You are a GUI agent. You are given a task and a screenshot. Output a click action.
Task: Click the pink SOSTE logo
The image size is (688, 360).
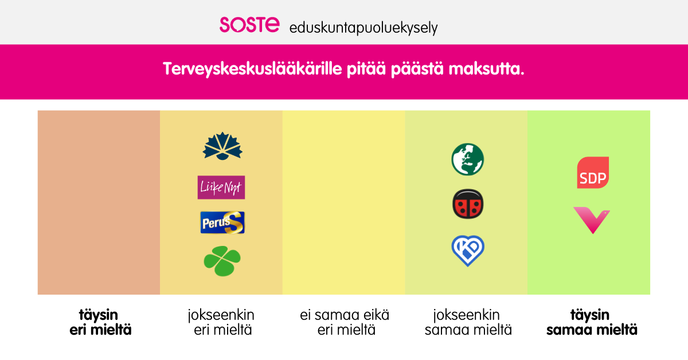pos(249,25)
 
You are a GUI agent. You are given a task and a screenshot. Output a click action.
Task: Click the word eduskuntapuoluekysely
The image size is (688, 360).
pos(363,28)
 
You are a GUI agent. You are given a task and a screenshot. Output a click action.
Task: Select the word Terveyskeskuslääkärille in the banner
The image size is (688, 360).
pos(252,69)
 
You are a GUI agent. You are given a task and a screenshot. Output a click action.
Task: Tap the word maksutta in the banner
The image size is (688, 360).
pos(486,69)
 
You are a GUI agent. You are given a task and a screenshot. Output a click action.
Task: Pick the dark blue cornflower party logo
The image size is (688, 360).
pos(222,146)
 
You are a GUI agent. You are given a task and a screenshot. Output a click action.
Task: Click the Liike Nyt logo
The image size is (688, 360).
pos(221,187)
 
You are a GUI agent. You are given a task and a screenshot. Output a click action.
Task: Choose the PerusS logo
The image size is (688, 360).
pos(222,222)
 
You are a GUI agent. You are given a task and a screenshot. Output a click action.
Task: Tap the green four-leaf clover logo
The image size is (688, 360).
pos(222,261)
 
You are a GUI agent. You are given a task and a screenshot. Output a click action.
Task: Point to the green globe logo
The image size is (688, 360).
pos(467,159)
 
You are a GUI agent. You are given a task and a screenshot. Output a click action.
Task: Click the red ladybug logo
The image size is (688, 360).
pos(468,204)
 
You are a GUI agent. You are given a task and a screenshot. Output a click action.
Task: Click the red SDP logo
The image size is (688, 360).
pos(593,173)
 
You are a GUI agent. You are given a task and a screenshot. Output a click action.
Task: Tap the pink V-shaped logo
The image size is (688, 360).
pos(592,220)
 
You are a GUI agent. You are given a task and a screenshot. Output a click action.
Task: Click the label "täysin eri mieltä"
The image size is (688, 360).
pos(100,323)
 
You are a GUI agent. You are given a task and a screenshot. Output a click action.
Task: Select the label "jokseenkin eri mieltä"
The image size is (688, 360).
pos(221,323)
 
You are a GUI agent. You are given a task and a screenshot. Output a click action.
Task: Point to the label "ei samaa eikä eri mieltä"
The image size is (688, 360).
pos(345,323)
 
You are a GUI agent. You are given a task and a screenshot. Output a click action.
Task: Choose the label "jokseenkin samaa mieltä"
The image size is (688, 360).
pos(468,323)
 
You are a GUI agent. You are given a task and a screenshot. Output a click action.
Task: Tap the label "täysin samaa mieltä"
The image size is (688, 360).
pos(592,323)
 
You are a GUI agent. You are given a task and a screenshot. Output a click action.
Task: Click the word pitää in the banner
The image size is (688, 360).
pos(366,69)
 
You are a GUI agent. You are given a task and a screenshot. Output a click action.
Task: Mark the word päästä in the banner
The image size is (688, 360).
pos(417,69)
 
